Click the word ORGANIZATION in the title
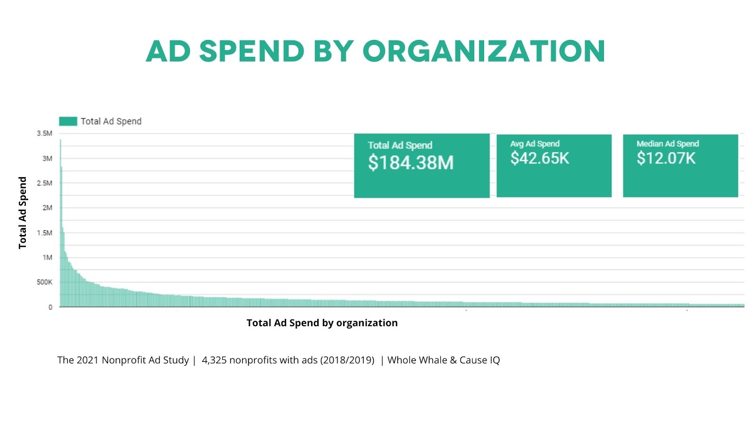pos(484,51)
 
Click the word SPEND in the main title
pos(252,51)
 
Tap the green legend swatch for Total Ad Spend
pos(68,121)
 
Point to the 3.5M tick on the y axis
pos(45,133)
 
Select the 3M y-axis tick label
pos(47,158)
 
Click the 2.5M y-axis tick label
pos(45,183)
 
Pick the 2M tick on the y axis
pos(47,208)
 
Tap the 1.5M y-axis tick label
pos(45,233)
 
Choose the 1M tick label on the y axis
pos(47,258)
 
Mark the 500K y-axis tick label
pos(45,282)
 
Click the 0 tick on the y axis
pos(50,307)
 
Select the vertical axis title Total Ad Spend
pos(23,212)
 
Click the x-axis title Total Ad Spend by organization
pos(322,323)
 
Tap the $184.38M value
pos(410,163)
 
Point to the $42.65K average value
pos(540,158)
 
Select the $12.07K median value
pos(666,158)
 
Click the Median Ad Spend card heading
pos(667,144)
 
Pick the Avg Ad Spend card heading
pos(535,144)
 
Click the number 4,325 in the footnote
pos(214,360)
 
